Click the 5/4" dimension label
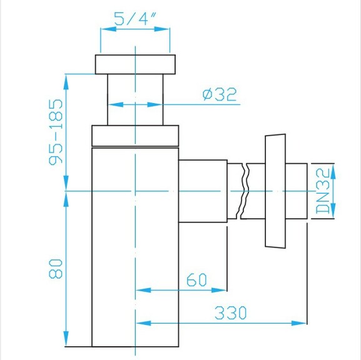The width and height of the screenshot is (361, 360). (135, 18)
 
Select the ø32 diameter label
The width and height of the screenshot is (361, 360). (219, 94)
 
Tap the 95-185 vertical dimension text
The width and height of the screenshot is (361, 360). (56, 131)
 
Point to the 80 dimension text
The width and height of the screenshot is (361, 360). (56, 269)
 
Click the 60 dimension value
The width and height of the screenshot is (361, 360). (197, 280)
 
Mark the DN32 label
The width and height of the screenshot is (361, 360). (323, 191)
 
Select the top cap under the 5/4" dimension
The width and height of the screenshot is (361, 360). (136, 64)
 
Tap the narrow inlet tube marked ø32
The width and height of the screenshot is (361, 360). (136, 100)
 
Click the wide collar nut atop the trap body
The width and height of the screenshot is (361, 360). (136, 136)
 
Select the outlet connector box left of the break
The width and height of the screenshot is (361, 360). (203, 191)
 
